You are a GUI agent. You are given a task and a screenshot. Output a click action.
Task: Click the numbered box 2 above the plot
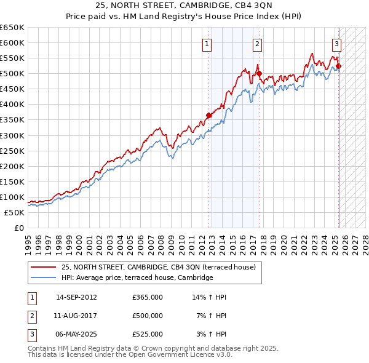click(x=257, y=44)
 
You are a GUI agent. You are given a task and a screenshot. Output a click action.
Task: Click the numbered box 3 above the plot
click(x=337, y=44)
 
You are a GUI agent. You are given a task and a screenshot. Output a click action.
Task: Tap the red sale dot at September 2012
click(x=209, y=115)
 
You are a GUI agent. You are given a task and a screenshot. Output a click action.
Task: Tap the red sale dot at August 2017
click(x=260, y=73)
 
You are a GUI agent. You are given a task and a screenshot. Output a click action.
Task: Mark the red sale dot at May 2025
click(x=339, y=66)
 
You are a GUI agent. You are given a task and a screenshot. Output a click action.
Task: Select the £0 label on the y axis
click(x=18, y=228)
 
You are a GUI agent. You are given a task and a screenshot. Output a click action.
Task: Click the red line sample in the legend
click(x=43, y=267)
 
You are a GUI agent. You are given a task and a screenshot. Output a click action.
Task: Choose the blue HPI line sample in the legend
click(x=43, y=277)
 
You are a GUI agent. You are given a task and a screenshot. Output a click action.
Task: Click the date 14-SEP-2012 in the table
click(x=76, y=297)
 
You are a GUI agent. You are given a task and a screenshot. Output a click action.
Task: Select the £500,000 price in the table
click(x=147, y=316)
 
